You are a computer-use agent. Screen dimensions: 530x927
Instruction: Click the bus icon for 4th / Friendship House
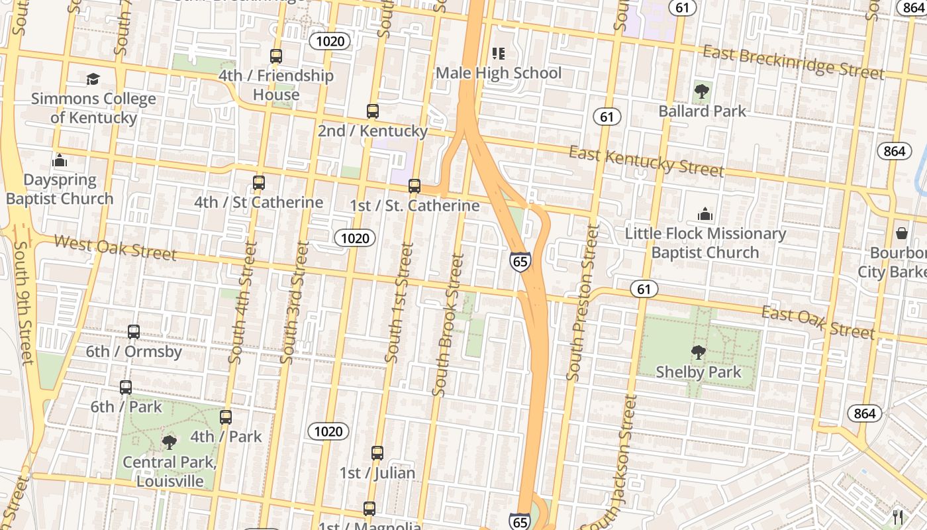click(x=276, y=56)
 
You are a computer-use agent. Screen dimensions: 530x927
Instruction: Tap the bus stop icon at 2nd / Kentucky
click(x=373, y=111)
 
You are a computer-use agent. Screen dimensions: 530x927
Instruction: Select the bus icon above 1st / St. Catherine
click(x=415, y=186)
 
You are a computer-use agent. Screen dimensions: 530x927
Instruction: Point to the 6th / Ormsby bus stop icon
click(x=134, y=332)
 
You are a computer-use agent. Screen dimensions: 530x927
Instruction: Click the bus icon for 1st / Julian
click(x=377, y=453)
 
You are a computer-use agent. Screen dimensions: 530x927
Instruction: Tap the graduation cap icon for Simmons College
click(x=93, y=79)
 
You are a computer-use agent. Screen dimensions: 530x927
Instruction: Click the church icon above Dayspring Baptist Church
click(x=60, y=160)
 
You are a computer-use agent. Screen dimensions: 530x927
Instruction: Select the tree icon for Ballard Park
click(x=701, y=91)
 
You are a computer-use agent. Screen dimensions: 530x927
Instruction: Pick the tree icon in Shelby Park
click(x=698, y=352)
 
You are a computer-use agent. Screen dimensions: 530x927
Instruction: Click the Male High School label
click(x=499, y=73)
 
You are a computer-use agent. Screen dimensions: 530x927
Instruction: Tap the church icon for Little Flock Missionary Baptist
click(x=705, y=214)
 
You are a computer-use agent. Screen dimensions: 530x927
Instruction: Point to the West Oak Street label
click(x=115, y=248)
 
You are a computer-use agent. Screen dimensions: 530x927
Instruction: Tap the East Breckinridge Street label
click(x=793, y=62)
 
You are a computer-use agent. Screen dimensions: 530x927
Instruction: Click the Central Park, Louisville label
click(x=170, y=471)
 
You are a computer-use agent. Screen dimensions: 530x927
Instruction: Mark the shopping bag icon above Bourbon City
click(x=902, y=233)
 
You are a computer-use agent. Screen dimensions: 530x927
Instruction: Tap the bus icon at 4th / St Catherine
click(x=259, y=183)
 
